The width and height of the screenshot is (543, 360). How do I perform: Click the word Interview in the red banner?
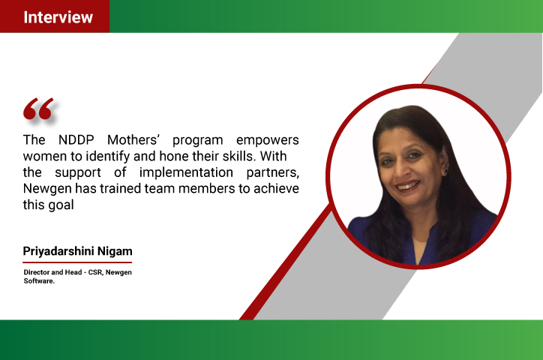pos(58,17)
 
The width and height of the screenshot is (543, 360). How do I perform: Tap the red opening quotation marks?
pos(38,109)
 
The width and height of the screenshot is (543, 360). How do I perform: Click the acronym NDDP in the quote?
pos(76,139)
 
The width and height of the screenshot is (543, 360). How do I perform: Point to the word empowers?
pos(267,140)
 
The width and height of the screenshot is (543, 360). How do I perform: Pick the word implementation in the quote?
pos(186,172)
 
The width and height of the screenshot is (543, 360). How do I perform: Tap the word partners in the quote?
pos(272,172)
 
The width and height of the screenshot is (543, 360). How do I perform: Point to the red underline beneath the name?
pos(77,262)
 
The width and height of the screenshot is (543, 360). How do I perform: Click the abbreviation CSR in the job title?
pos(95,272)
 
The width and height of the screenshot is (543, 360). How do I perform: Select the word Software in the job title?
pos(39,281)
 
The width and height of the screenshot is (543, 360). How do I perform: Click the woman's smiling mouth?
pos(407,186)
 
